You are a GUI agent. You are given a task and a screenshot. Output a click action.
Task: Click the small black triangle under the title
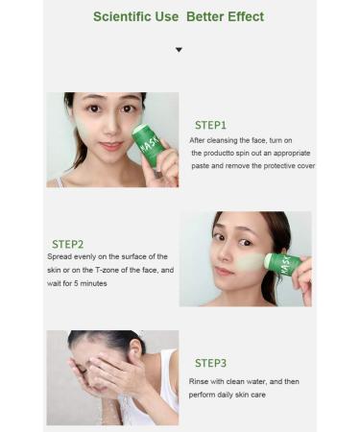click(179, 49)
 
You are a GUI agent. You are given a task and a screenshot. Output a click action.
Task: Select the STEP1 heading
click(210, 125)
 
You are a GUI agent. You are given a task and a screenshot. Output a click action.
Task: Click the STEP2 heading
click(68, 244)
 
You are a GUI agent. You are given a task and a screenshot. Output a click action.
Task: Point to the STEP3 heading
click(210, 363)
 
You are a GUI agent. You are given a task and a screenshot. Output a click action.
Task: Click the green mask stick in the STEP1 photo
click(148, 146)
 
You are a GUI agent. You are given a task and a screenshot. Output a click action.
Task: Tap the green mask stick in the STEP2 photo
click(282, 263)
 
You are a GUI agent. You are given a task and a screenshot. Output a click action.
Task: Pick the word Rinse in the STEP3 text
click(200, 382)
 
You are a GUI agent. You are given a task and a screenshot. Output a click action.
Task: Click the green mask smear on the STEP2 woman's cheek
click(249, 260)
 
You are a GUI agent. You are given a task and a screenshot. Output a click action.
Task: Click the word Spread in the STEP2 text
click(59, 257)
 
